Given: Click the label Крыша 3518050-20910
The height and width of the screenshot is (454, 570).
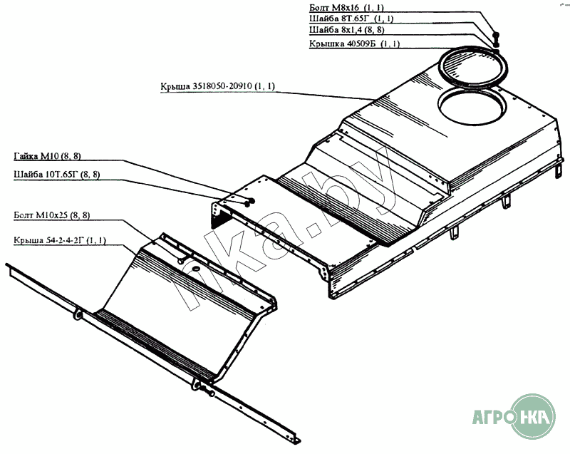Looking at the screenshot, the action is [218, 86].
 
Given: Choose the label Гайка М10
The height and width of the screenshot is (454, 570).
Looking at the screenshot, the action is [46, 156].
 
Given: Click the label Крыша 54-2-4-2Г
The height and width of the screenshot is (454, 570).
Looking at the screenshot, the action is [59, 240].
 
